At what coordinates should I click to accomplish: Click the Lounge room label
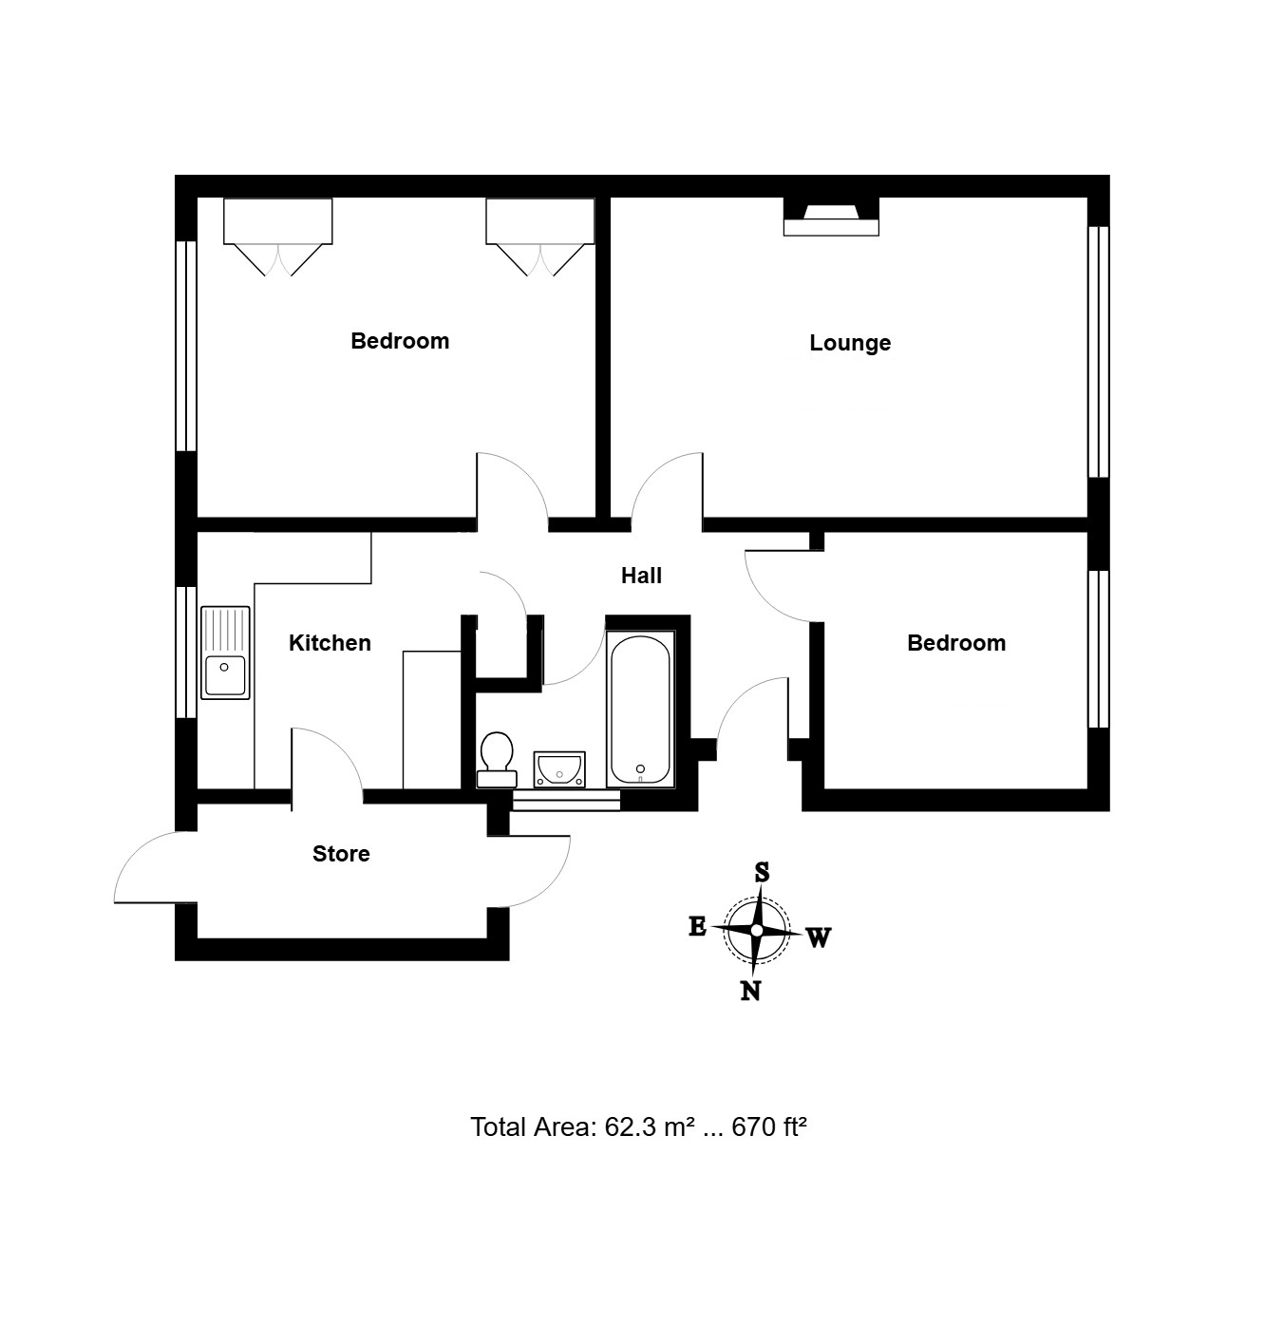[x=850, y=343]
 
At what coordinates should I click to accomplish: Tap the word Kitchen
[x=330, y=643]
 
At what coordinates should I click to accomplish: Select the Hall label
[x=641, y=576]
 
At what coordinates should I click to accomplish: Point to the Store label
[x=341, y=854]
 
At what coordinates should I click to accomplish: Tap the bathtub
[x=639, y=710]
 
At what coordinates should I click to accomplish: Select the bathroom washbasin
[x=559, y=769]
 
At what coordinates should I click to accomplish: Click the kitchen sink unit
[x=225, y=653]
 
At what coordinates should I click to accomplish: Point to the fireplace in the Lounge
[x=831, y=217]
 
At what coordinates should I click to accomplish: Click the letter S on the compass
[x=762, y=872]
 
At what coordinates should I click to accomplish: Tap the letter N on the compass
[x=750, y=992]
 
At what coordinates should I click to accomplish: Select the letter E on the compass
[x=698, y=926]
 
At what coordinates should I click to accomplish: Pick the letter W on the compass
[x=819, y=938]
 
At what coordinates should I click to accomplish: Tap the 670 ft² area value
[x=769, y=1127]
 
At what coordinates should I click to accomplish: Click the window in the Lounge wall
[x=1098, y=352]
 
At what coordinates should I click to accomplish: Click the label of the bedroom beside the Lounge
[x=400, y=341]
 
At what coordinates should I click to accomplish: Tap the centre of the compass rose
[x=756, y=930]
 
